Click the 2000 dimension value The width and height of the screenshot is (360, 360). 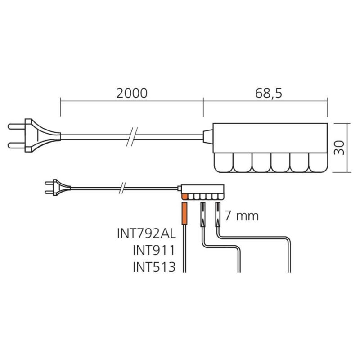132,94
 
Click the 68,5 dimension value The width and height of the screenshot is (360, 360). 268,94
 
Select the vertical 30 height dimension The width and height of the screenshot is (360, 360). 339,148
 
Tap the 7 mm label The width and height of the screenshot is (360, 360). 242,216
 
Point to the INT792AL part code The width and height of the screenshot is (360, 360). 147,234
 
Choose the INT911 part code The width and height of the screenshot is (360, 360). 154,250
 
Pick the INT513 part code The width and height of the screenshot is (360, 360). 154,267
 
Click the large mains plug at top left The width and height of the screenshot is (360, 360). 35,135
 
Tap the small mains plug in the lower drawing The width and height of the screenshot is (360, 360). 58,187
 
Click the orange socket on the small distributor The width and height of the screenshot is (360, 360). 184,197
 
